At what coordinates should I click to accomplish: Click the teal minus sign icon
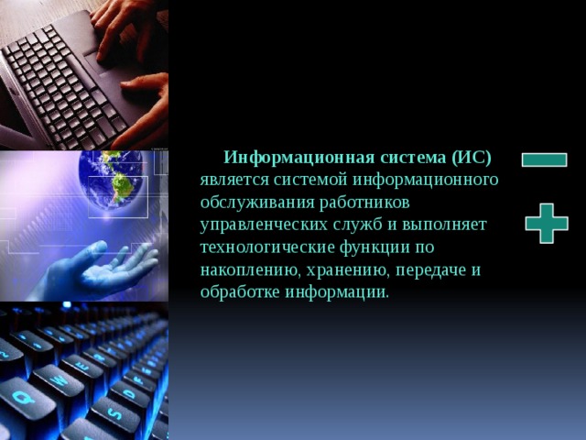[x=544, y=159]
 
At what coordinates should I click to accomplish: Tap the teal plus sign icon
[x=546, y=223]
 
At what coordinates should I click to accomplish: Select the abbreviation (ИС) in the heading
[x=472, y=156]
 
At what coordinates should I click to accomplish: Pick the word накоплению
[x=244, y=270]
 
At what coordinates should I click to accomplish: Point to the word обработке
[x=239, y=293]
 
